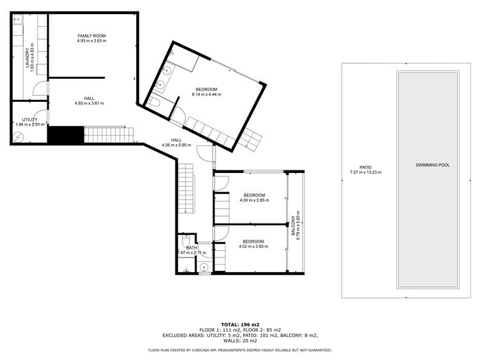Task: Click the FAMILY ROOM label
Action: pos(92,36)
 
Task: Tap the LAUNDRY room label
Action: pos(28,58)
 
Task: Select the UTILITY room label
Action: pos(29,120)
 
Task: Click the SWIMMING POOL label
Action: pos(433,165)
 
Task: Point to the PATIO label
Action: pos(365,167)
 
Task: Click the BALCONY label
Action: pos(293,226)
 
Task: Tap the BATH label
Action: pos(192,248)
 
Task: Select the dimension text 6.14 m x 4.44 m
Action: pos(206,94)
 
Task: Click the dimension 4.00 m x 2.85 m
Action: pos(254,200)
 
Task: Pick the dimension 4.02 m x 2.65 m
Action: pos(253,247)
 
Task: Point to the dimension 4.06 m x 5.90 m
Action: pos(177,145)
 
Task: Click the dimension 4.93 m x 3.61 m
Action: pos(90,103)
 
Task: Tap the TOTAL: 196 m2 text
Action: pos(240,325)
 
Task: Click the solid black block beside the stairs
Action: pos(65,135)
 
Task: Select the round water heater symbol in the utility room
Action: pos(18,136)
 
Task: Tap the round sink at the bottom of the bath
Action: pos(204,268)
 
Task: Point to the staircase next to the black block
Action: pos(109,135)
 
